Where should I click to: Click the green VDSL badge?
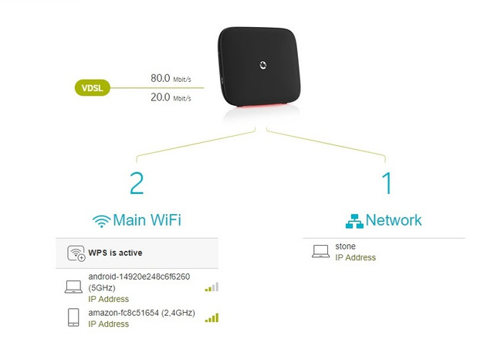point(93,87)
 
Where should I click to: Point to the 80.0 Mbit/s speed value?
point(171,78)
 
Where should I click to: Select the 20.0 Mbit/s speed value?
point(171,97)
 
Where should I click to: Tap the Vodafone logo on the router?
point(262,65)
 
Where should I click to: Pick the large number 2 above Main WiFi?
point(137,183)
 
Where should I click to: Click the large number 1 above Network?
point(387,183)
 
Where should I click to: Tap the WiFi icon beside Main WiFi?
point(101,221)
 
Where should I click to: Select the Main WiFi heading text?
point(147,220)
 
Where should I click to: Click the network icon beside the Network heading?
point(354,221)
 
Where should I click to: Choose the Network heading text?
point(394,220)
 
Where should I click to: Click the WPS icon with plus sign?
point(76,253)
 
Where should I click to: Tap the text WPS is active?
point(115,253)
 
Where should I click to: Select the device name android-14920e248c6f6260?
point(139,277)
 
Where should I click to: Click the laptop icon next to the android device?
point(73,287)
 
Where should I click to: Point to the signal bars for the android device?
point(211,287)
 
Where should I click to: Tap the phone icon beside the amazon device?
point(73,318)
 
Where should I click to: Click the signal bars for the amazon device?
point(211,318)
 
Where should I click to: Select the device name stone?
point(345,246)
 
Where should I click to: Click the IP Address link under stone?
point(355,257)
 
